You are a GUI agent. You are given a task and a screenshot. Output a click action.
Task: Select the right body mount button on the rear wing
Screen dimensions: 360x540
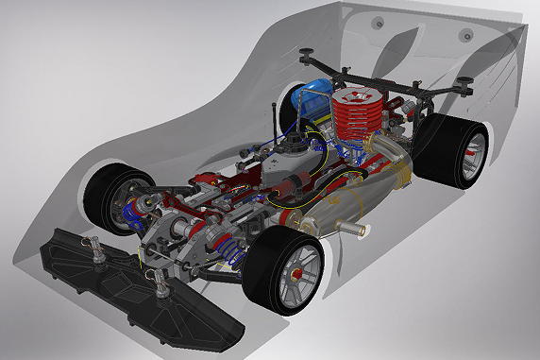coord(465,36)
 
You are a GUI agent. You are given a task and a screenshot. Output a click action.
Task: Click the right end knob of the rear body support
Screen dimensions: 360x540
coord(465,83)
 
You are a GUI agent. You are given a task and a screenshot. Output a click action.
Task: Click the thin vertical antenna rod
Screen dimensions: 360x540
coord(275,123)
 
